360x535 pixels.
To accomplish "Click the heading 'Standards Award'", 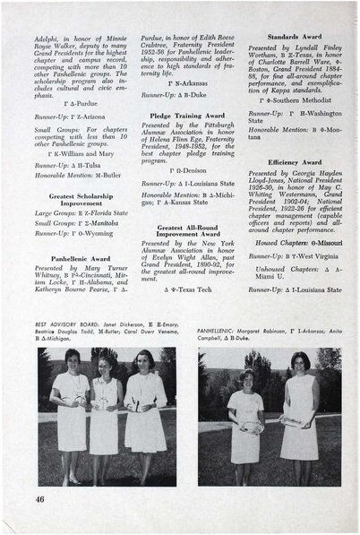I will [x=287, y=37].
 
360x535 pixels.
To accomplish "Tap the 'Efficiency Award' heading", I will [x=287, y=161].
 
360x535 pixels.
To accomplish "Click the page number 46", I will [x=41, y=497].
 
